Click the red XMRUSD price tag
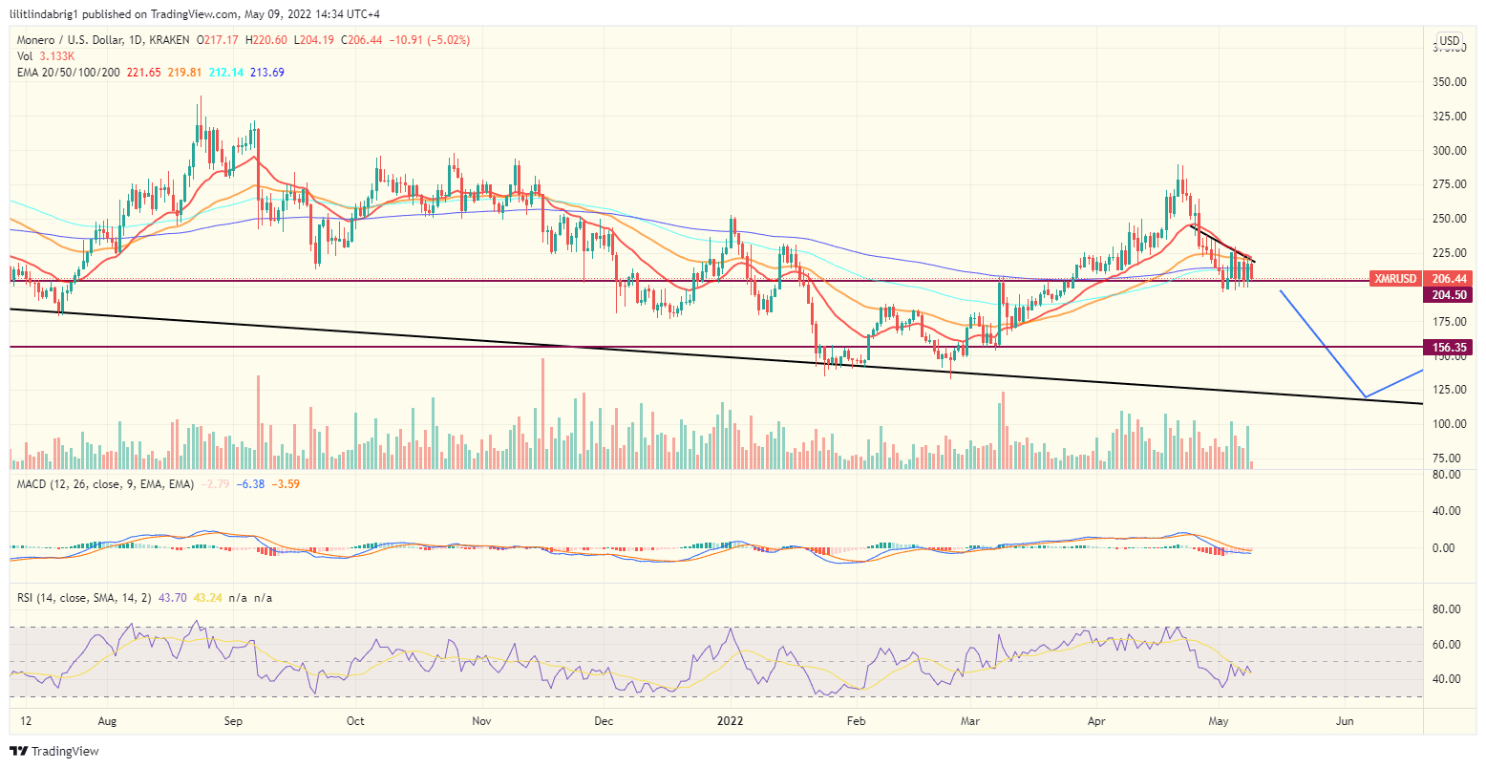tap(1395, 279)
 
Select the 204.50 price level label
tap(1449, 295)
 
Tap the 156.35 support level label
tap(1449, 347)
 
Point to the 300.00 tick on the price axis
tap(1449, 150)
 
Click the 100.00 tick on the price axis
tap(1449, 424)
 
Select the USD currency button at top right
tap(1449, 40)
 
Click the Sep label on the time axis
tap(233, 721)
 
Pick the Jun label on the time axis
tap(1344, 721)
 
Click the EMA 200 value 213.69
tap(266, 73)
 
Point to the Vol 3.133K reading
tap(48, 56)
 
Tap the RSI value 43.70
tap(174, 598)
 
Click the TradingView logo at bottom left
tap(54, 752)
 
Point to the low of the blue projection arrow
tap(1366, 396)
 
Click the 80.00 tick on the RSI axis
tap(1449, 609)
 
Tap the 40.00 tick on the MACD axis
tap(1449, 511)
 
